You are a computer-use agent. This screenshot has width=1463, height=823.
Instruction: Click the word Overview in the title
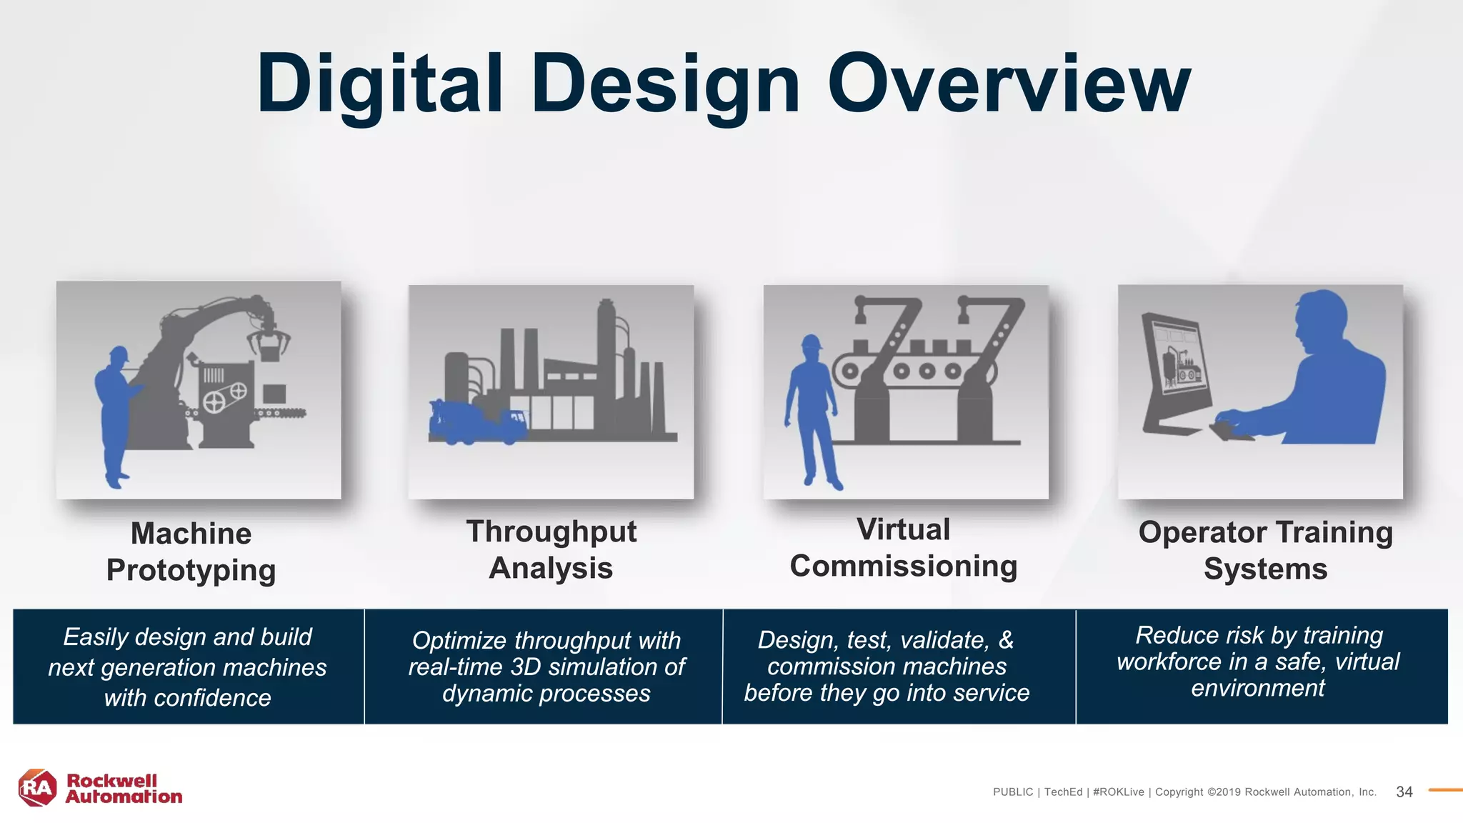[x=1009, y=84]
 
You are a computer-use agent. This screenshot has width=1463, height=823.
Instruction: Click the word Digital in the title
[x=380, y=84]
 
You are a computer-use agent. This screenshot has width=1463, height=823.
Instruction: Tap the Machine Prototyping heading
[x=191, y=552]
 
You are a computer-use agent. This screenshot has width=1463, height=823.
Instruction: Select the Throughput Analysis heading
[x=551, y=549]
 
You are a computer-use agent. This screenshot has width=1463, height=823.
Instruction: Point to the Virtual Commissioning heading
[x=904, y=547]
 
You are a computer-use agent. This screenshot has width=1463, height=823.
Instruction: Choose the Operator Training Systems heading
[x=1265, y=550]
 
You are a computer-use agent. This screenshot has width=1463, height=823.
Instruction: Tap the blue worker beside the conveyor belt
[x=812, y=410]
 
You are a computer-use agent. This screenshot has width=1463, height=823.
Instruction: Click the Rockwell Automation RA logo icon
[x=37, y=788]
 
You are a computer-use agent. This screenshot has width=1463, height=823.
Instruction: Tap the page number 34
[x=1404, y=792]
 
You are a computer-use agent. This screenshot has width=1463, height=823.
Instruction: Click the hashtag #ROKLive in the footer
[x=1118, y=792]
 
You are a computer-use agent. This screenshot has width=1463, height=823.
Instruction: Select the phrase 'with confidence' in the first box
[x=187, y=698]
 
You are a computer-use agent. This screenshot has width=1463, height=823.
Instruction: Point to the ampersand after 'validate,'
[x=1006, y=640]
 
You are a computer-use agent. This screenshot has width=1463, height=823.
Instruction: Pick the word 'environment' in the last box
[x=1257, y=688]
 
